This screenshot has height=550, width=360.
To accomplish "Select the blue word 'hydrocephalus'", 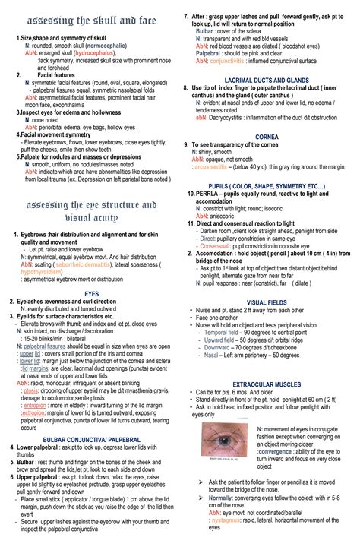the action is pyautogui.click(x=90, y=55).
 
